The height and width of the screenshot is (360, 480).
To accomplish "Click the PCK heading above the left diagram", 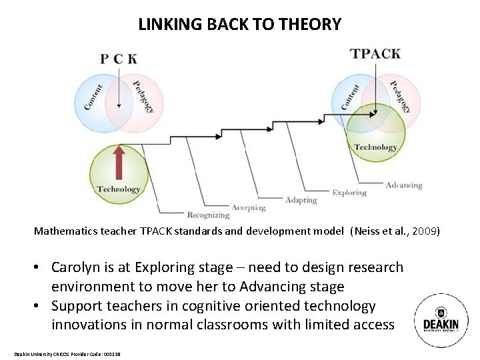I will click(119, 59).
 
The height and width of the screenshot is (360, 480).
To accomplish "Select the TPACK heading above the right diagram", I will click(375, 53).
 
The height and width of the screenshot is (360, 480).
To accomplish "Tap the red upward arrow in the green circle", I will click(119, 162).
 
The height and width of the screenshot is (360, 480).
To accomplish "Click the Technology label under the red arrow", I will click(119, 189).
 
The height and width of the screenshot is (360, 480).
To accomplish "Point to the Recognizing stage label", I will click(208, 215).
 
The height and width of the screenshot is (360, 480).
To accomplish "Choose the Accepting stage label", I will click(249, 207).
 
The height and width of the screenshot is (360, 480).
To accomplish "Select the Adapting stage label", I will click(301, 200).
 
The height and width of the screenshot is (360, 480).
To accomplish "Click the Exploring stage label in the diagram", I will click(349, 193).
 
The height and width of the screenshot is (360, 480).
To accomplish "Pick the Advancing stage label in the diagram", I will click(404, 185).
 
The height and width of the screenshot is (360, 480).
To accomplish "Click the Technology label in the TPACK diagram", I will click(375, 147).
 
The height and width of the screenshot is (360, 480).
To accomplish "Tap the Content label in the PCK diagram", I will click(93, 97).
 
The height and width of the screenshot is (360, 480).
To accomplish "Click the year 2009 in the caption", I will click(425, 231).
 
